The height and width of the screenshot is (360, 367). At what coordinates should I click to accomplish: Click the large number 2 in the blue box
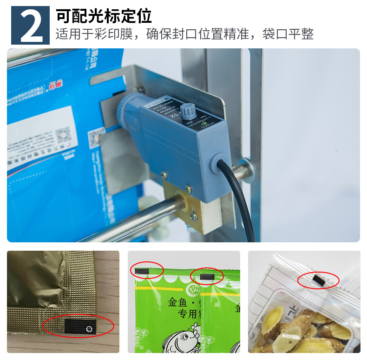(31, 26)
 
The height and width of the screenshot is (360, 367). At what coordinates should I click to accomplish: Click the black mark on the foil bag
(79, 327)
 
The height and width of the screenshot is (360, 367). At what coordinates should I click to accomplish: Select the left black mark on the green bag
(142, 271)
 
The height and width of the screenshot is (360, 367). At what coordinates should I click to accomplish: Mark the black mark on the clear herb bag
(319, 280)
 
